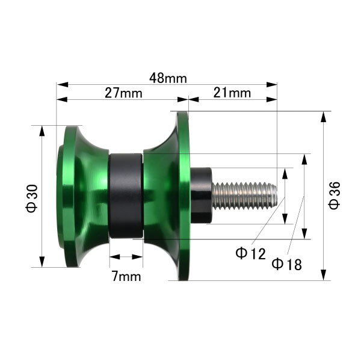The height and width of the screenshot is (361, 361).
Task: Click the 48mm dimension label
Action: [168, 78]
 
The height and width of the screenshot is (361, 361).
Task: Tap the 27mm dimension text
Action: [123, 93]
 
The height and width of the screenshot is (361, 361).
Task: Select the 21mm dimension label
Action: [232, 93]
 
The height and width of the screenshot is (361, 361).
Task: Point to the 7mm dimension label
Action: [126, 276]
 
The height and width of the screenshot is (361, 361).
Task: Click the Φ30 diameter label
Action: [32, 198]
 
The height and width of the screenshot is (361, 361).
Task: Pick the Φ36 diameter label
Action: [335, 195]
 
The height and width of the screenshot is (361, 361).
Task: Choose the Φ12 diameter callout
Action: [250, 253]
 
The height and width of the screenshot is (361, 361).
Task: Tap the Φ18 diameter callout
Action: [286, 264]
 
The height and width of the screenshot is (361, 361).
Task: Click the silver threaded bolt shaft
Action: [245, 196]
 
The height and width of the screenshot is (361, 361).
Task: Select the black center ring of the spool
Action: [126, 196]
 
